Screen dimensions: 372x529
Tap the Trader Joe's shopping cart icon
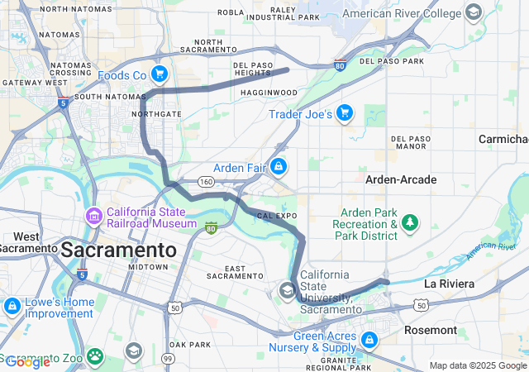pos(345,113)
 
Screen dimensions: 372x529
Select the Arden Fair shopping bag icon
pos(279,167)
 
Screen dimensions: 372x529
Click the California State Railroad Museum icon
pos(93,217)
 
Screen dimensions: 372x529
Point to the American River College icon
pos(473,13)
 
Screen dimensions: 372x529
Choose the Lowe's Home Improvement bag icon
pos(12,308)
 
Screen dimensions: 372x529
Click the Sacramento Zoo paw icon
pos(96,356)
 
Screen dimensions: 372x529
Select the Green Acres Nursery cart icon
pos(369,340)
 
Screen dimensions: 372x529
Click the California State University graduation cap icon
pos(287,290)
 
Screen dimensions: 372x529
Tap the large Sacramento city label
pos(119,250)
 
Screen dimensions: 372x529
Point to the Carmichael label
pos(503,139)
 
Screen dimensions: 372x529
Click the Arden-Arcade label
pos(401,179)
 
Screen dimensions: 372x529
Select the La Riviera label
pos(449,284)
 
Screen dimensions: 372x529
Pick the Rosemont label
pos(430,330)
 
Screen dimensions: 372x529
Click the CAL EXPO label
pos(277,215)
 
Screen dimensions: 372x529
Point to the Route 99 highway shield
pos(168,358)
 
